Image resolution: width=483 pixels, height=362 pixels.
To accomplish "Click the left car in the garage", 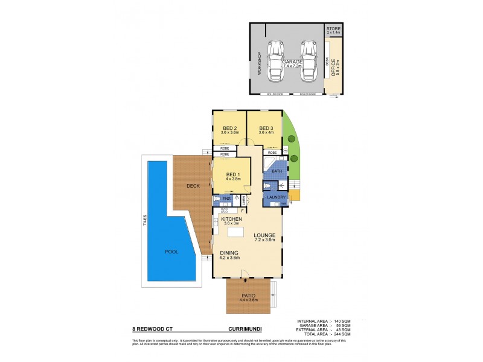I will pyautogui.click(x=277, y=56).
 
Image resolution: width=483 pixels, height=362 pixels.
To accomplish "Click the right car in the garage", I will pyautogui.click(x=309, y=56).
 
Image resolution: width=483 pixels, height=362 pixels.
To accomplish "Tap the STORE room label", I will pyautogui.click(x=333, y=29).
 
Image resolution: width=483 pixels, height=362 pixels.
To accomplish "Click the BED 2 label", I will pyautogui.click(x=229, y=129).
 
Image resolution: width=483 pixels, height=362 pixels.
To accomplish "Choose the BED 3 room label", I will pyautogui.click(x=266, y=129).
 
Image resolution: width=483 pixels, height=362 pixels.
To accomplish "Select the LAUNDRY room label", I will pyautogui.click(x=272, y=197).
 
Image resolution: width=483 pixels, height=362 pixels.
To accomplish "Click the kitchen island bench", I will pyautogui.click(x=235, y=232).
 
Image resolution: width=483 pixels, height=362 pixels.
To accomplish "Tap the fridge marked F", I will pyautogui.click(x=242, y=211).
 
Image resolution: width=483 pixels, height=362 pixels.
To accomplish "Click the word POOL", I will pyautogui.click(x=172, y=252).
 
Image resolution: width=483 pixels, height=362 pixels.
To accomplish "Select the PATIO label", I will pyautogui.click(x=249, y=296).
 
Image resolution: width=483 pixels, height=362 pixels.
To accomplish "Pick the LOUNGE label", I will pyautogui.click(x=264, y=235).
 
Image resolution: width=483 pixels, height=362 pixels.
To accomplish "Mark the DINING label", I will pyautogui.click(x=229, y=253).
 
